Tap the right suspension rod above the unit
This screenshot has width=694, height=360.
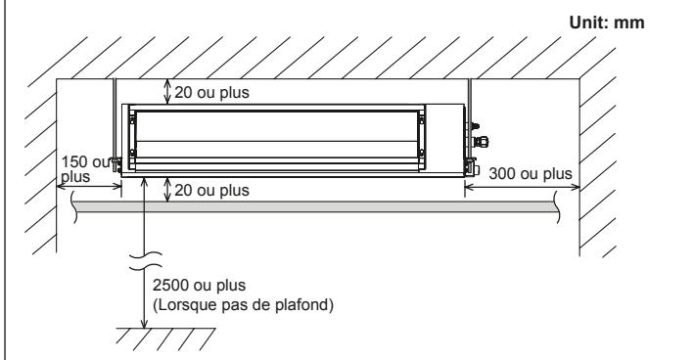pyautogui.click(x=472, y=112)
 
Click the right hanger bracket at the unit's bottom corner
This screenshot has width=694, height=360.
pyautogui.click(x=470, y=162)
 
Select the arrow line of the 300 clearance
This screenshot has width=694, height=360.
pyautogui.click(x=519, y=186)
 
